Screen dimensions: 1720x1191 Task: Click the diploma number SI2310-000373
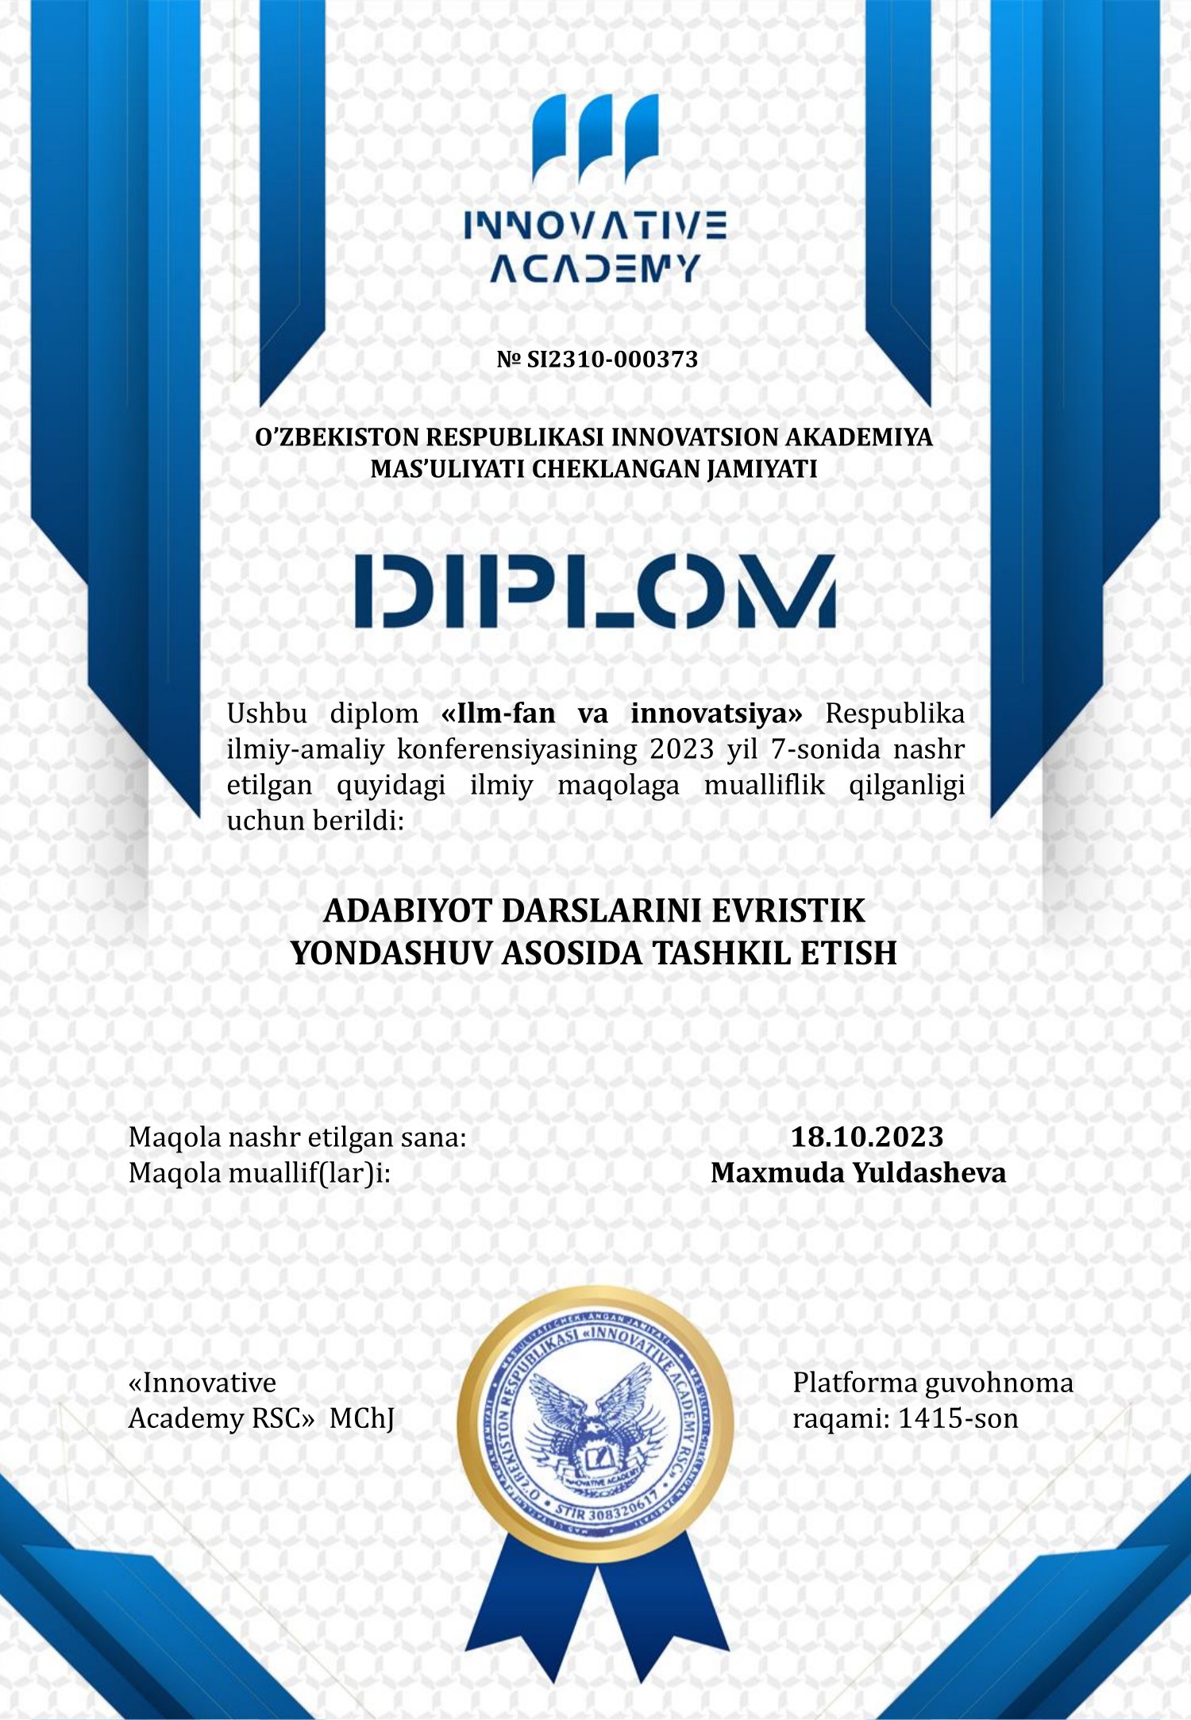[612, 360]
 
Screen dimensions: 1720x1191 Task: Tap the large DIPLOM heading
[595, 592]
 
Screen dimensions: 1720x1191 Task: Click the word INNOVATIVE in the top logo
[595, 226]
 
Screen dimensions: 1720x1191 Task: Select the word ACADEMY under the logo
[595, 268]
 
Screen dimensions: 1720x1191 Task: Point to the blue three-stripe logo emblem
[595, 137]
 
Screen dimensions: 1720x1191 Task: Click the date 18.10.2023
[866, 1137]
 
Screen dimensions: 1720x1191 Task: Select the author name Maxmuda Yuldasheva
[858, 1172]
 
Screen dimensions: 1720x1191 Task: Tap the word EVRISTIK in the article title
[788, 910]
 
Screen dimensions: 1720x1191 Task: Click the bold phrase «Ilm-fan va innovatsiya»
[622, 714]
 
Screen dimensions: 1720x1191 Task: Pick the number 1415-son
[958, 1418]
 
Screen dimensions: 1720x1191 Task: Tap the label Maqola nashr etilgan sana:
[297, 1137]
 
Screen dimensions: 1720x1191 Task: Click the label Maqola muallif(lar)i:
[260, 1172]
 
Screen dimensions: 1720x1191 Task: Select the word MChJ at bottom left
[361, 1418]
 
